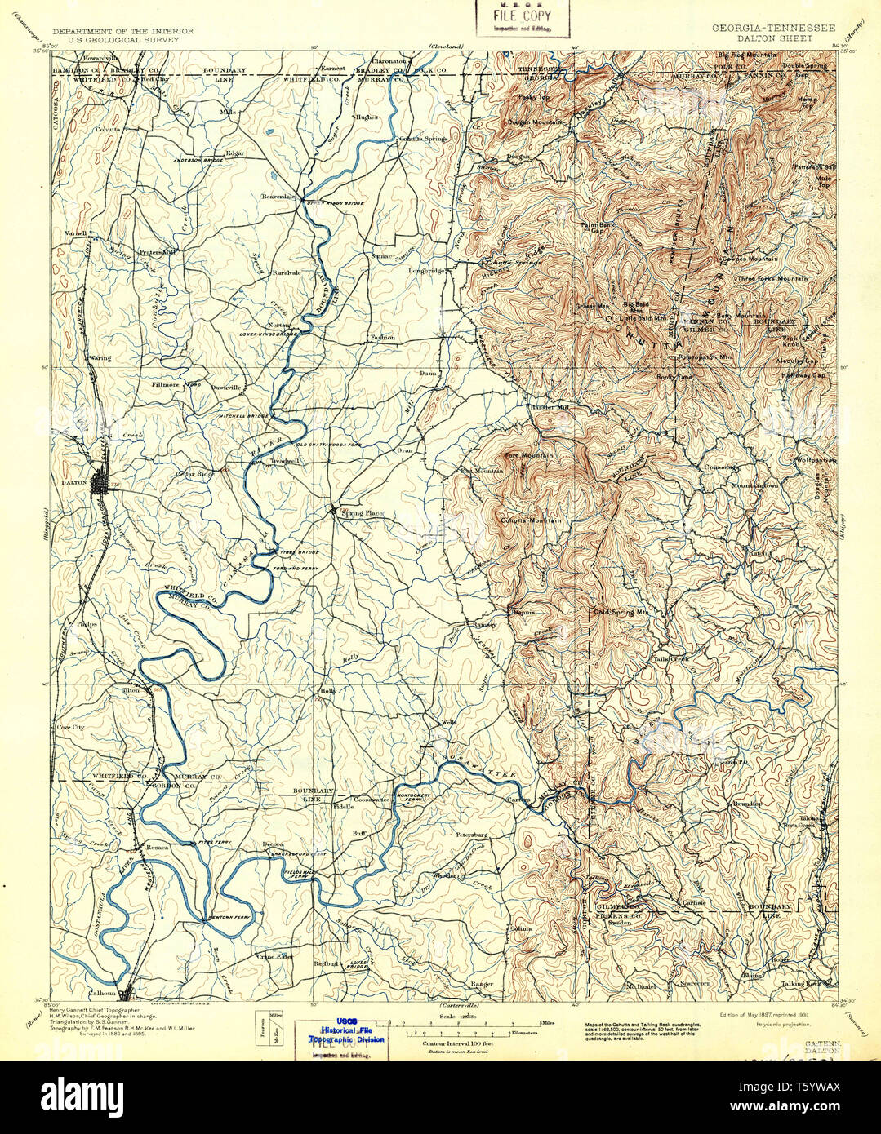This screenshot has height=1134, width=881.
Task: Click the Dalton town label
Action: [x=74, y=483]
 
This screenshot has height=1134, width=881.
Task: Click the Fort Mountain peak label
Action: [x=527, y=455]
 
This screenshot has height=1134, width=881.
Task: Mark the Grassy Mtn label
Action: [x=592, y=306]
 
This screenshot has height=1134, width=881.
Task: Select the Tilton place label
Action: [x=131, y=690]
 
